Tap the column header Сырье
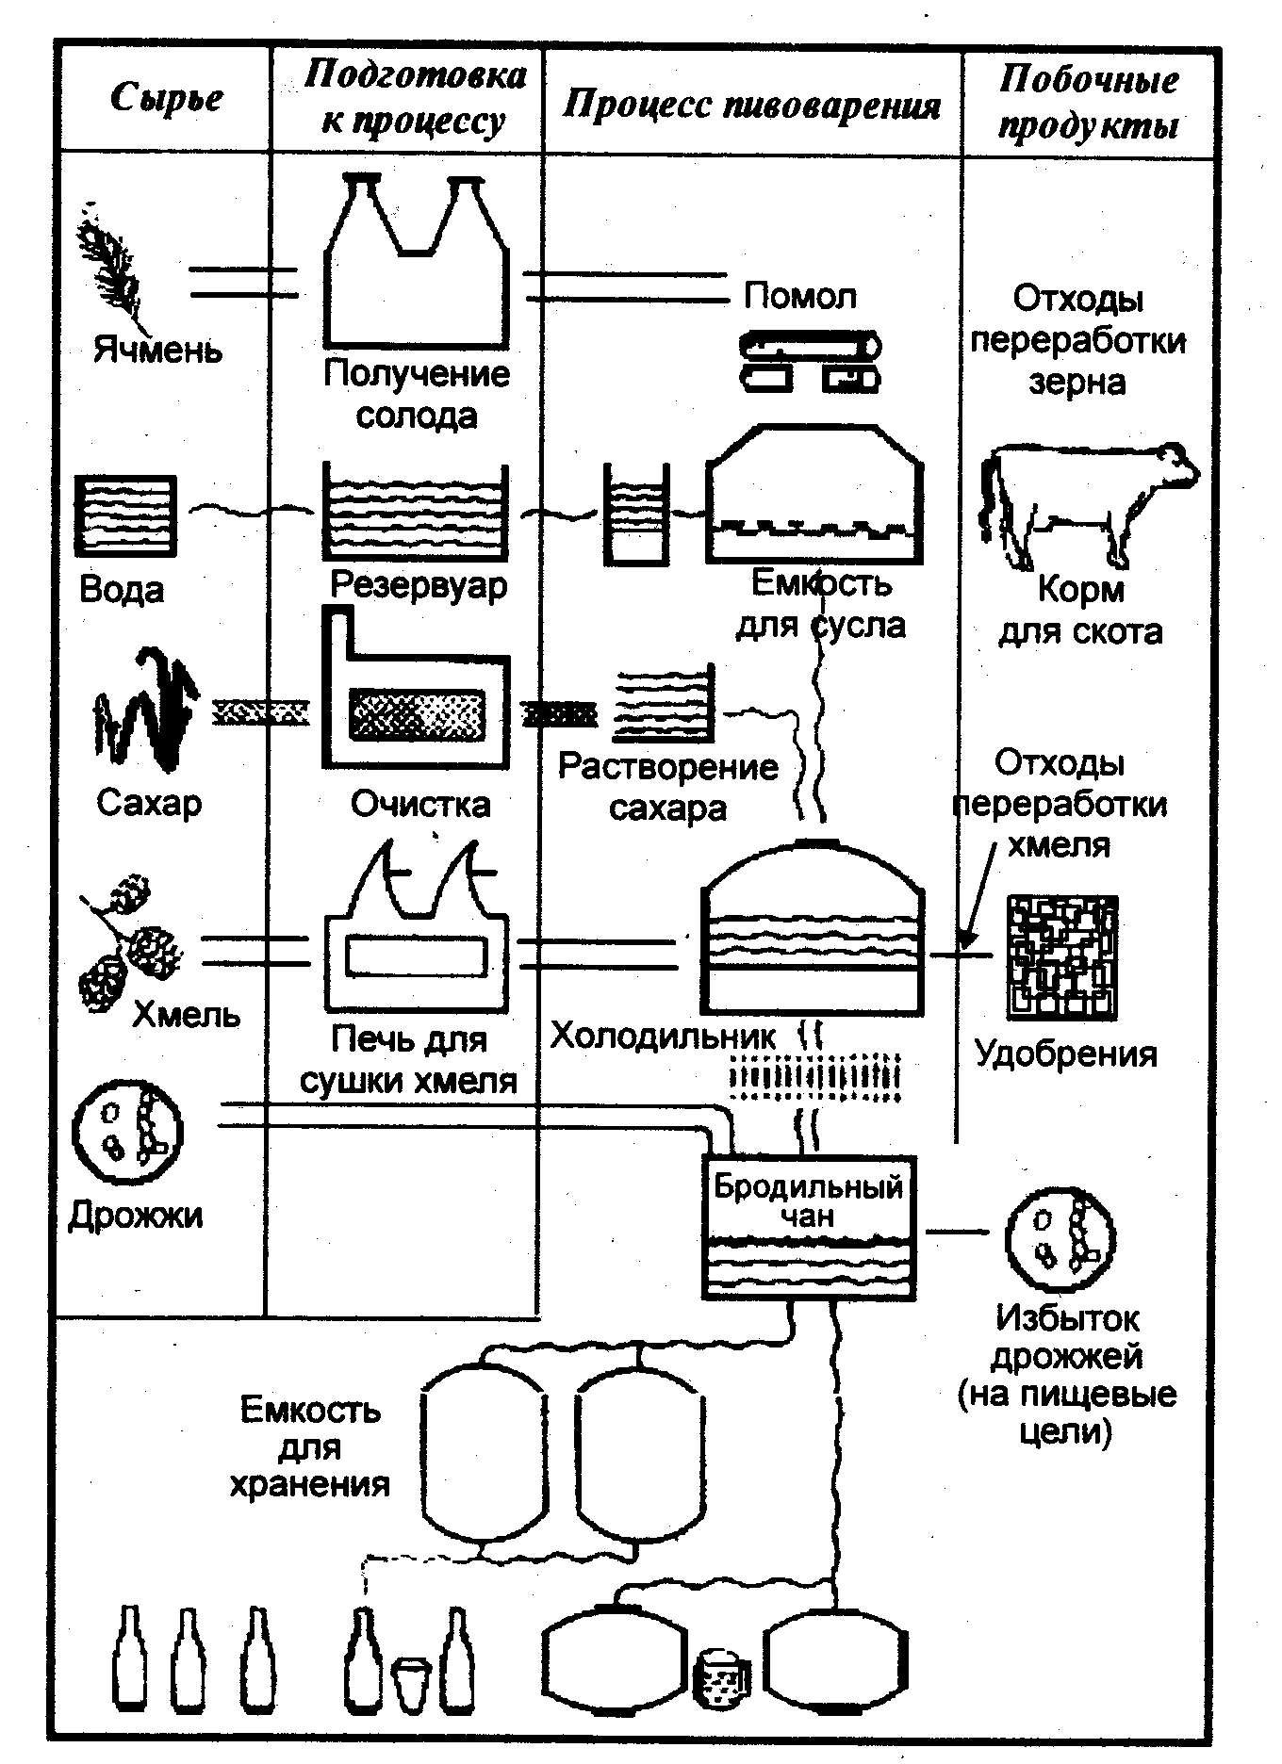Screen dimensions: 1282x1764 167,98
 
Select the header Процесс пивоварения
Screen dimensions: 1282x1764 751,106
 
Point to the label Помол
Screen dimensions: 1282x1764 800,297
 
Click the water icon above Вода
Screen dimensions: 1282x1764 125,517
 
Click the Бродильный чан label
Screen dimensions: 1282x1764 808,1200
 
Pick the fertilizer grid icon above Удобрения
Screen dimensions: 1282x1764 1062,957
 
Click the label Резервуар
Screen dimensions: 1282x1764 419,585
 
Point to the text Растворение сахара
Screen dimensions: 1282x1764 667,787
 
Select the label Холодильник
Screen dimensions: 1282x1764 663,1037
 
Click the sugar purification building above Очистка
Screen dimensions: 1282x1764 416,689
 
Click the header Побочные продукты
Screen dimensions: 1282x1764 1089,102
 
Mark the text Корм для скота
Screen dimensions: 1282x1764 1080,611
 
